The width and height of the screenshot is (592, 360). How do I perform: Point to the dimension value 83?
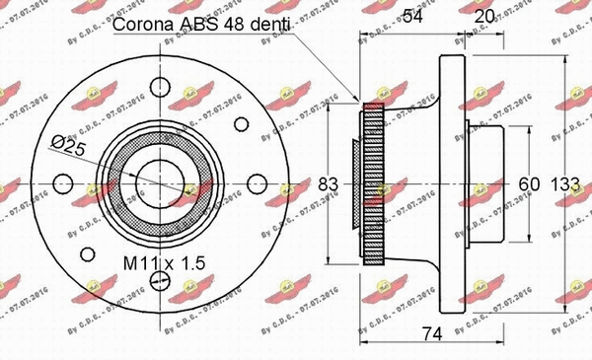pyautogui.click(x=331, y=182)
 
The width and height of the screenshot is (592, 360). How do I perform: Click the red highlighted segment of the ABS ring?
pyautogui.click(x=373, y=106)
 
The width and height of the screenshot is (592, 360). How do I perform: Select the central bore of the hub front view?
pyautogui.click(x=158, y=182)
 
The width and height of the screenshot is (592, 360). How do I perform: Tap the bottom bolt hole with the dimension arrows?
pyautogui.click(x=158, y=283)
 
